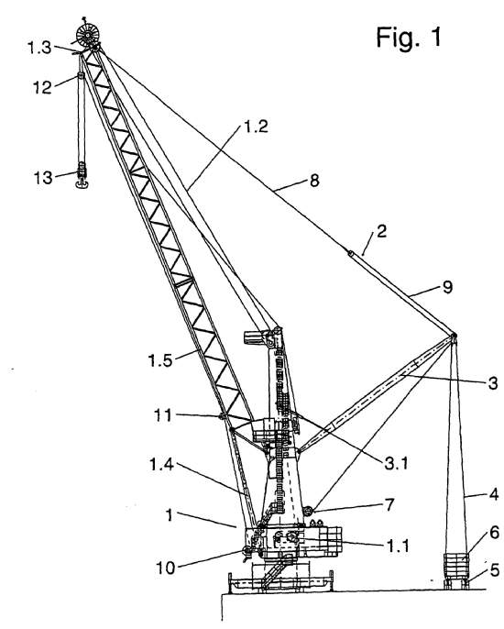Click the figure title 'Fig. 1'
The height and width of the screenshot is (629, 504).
click(409, 38)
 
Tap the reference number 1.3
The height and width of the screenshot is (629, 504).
click(39, 48)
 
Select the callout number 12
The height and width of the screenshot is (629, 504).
click(42, 87)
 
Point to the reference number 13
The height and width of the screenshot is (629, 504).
click(43, 178)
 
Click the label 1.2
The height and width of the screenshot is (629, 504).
click(256, 127)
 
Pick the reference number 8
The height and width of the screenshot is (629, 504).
click(314, 181)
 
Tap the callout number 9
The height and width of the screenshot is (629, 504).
click(448, 287)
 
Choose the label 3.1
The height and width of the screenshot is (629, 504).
click(396, 463)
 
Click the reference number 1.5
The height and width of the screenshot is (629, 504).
click(160, 360)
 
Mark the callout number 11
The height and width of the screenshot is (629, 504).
click(163, 415)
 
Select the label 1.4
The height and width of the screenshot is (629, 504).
click(161, 465)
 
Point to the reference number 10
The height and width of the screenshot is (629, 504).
click(165, 568)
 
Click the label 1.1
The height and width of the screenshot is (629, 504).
click(398, 546)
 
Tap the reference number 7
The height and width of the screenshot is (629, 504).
click(389, 505)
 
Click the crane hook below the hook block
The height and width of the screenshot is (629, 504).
click(82, 183)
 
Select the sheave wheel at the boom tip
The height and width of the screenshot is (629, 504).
click(87, 36)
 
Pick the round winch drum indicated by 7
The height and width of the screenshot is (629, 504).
click(308, 512)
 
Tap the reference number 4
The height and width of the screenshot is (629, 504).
click(494, 494)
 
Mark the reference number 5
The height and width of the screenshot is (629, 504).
click(495, 570)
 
